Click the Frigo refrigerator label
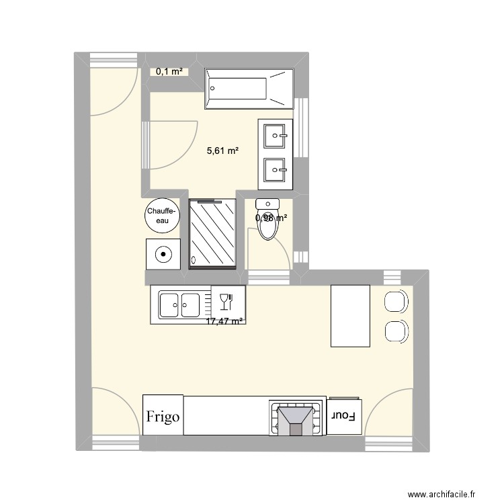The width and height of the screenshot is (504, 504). [x=163, y=417]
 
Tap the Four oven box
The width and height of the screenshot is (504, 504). [x=344, y=417]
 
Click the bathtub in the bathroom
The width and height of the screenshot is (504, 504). [x=249, y=88]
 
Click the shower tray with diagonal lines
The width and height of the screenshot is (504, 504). [x=213, y=233]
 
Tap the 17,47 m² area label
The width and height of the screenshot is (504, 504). [x=224, y=322]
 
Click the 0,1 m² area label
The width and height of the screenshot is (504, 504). [x=169, y=71]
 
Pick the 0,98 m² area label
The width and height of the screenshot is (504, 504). [x=271, y=218]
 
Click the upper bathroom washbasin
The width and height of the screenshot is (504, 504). [x=276, y=136]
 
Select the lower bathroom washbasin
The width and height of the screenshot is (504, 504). [x=276, y=171]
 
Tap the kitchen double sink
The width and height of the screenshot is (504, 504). [x=180, y=305]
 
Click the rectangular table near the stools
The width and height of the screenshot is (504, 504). [x=350, y=316]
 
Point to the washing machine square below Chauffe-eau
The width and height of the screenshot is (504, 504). [x=163, y=255]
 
